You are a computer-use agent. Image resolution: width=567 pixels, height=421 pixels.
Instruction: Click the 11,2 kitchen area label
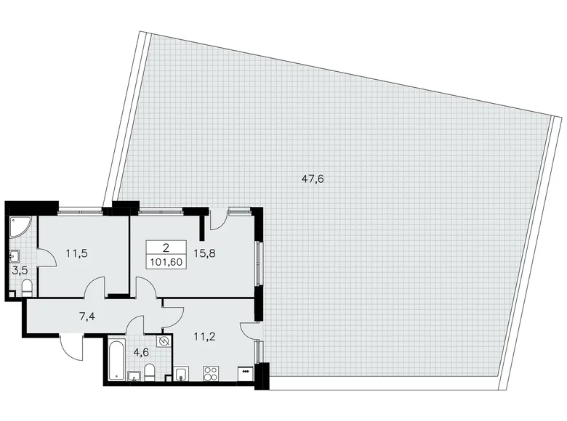(x=204, y=335)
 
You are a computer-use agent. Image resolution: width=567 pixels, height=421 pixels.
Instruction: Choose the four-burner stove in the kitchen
(x=212, y=375)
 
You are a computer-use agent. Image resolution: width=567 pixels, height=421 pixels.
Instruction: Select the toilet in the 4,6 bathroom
(x=149, y=374)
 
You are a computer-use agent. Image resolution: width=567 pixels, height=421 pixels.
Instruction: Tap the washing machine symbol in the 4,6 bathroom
(x=164, y=341)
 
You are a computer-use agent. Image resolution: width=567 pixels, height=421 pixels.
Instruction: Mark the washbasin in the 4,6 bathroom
(x=134, y=375)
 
